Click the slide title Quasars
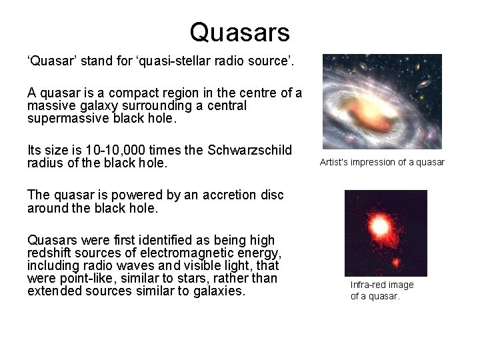tap(239, 32)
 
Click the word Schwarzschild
tap(251, 150)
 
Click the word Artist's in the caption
tap(334, 162)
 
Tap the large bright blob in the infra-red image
tap(379, 227)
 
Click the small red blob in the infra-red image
tap(395, 262)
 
